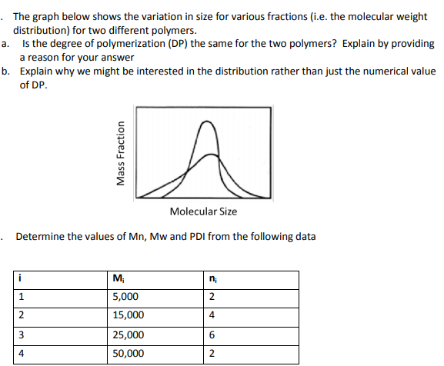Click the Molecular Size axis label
[203, 211]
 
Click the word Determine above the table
[42, 236]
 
